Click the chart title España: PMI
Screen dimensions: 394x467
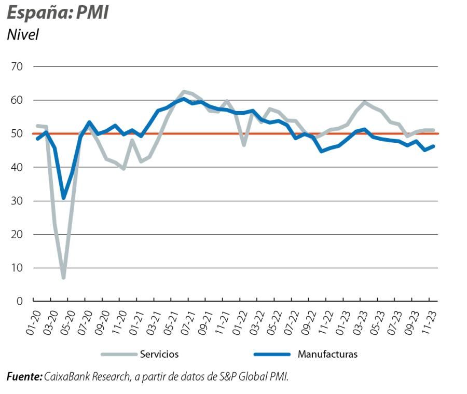tap(58, 12)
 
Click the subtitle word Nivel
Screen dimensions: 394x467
tap(23, 35)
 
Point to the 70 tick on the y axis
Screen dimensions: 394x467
tap(17, 66)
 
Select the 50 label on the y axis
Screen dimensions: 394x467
tap(17, 133)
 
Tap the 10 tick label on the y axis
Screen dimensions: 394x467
tap(17, 268)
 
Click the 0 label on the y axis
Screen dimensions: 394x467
tap(20, 301)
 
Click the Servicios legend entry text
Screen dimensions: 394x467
tap(159, 355)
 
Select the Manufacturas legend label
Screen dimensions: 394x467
tap(327, 355)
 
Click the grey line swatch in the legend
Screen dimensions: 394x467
tap(118, 355)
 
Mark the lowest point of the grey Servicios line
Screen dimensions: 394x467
tap(63, 278)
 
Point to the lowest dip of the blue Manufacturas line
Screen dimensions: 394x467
tap(63, 198)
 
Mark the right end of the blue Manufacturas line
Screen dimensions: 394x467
tap(433, 146)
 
